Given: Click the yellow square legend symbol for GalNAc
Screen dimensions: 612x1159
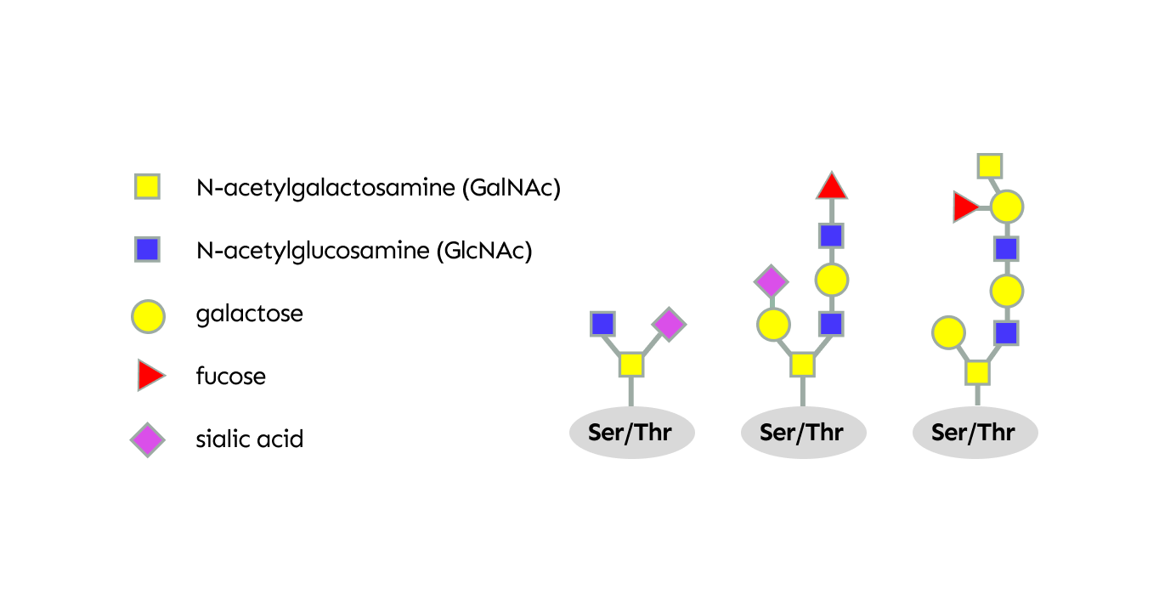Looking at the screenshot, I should (147, 186).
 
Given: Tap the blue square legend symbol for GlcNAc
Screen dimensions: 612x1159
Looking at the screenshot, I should (147, 249).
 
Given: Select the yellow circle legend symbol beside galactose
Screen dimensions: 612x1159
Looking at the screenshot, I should (147, 314).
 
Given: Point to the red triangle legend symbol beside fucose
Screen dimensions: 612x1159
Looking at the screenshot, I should (150, 376).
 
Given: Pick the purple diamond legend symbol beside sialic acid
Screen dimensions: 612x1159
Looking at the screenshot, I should (147, 439).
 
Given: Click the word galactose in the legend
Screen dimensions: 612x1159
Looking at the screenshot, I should (249, 314).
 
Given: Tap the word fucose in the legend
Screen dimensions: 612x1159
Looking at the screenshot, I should (230, 376).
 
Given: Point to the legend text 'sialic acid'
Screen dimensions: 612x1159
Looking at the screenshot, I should (249, 439).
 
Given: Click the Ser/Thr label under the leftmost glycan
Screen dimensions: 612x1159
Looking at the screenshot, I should (631, 433).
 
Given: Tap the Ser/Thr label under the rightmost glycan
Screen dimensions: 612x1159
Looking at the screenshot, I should (974, 433).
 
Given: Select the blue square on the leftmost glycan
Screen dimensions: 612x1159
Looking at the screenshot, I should (602, 324).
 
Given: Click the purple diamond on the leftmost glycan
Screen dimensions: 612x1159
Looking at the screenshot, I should (669, 324).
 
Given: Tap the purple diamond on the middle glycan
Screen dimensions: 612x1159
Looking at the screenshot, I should (771, 281).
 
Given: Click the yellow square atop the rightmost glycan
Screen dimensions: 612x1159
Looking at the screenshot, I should (989, 166).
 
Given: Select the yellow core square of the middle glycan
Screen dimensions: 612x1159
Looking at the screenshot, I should (802, 365).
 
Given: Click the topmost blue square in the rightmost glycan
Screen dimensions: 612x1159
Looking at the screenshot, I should (1007, 249).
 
